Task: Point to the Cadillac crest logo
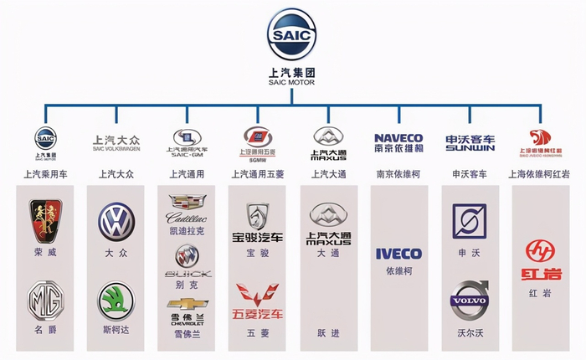(x=185, y=203)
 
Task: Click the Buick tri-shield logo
(x=186, y=255)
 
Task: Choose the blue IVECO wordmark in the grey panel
(x=398, y=253)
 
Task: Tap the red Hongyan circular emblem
(x=540, y=249)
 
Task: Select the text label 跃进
(x=327, y=332)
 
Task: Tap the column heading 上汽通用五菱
(x=257, y=175)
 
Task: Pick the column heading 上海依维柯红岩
(x=540, y=175)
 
